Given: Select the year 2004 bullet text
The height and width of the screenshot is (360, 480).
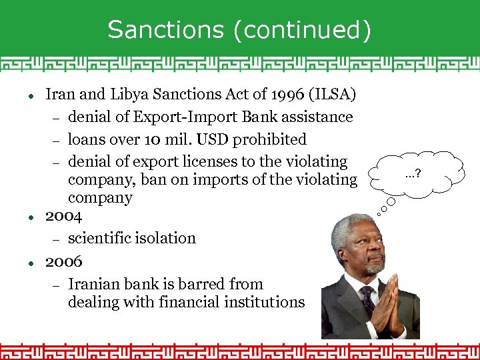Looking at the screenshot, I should pos(64,216).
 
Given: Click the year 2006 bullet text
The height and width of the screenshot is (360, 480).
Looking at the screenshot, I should pos(64,261).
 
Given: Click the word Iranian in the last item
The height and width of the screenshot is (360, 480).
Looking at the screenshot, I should pos(95,284).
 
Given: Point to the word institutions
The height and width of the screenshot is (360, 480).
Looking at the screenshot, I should pos(265,302).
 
